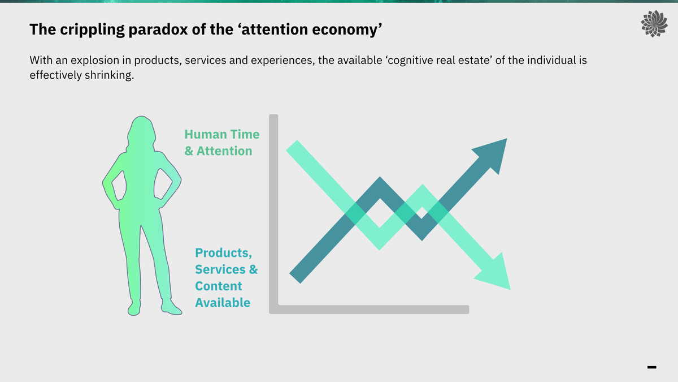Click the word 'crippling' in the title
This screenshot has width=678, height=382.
92,30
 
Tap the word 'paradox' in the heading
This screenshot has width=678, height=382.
158,30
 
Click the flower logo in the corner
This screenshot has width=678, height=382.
654,24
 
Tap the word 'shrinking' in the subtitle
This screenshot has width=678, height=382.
108,75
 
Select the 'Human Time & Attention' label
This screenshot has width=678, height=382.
222,143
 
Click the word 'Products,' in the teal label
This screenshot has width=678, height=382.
223,253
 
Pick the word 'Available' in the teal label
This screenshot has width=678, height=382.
223,303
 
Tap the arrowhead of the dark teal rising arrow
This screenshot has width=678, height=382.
493,154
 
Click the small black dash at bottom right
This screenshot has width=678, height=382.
651,367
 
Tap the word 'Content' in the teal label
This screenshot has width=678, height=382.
219,286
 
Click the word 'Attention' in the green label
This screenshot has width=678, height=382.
224,151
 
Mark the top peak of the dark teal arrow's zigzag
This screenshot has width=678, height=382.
380,178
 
